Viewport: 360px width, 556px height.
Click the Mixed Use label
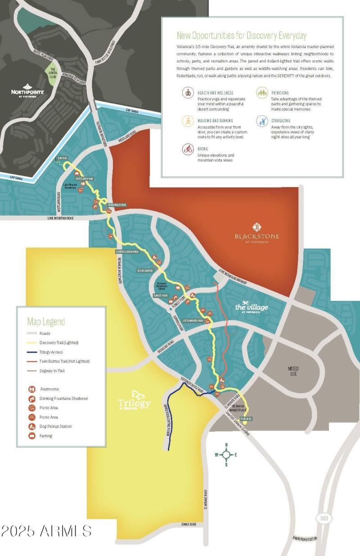[x=293, y=371]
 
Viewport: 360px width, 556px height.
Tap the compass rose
[x=226, y=454]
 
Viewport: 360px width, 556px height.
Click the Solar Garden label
[x=145, y=271]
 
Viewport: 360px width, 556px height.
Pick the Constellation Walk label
[x=127, y=251]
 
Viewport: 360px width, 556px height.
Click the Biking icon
[x=188, y=149]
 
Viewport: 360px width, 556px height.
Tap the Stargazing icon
[x=262, y=121]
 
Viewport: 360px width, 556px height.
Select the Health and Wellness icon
[x=188, y=93]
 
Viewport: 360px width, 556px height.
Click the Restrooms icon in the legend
[x=32, y=389]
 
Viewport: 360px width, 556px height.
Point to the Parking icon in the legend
[x=32, y=436]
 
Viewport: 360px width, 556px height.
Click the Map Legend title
[x=46, y=322]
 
